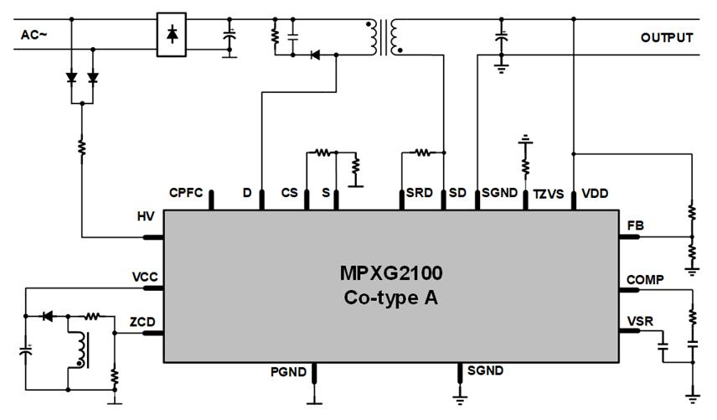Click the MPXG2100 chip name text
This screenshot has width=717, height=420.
coord(390,273)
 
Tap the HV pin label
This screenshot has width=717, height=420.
coord(146,217)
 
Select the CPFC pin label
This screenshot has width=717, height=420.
coord(185,193)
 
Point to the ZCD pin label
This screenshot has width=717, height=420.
coord(142,321)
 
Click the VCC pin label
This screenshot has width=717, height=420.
coord(144,277)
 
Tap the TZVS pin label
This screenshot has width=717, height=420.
coord(549,194)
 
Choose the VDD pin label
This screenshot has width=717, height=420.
coord(595,194)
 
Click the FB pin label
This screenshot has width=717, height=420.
coord(636,225)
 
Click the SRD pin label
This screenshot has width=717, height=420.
coord(419,193)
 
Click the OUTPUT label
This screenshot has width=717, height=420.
coord(667,37)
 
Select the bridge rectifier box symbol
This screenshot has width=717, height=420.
coord(172,34)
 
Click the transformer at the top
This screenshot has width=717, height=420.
coord(384,37)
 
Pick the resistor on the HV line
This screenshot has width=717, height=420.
coord(82,147)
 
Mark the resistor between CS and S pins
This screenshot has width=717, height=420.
coord(321,153)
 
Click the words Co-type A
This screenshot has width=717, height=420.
coord(390,297)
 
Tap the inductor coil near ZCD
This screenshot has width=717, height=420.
coord(80,350)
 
